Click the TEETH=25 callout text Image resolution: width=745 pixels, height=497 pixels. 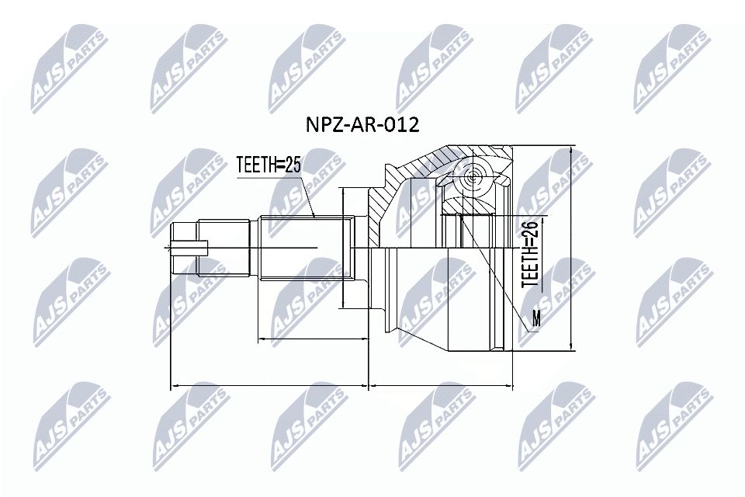(269, 164)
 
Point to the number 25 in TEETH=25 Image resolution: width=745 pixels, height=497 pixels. (292, 164)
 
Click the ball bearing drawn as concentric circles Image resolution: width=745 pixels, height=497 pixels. (471, 178)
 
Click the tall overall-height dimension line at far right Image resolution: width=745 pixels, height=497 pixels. (571, 248)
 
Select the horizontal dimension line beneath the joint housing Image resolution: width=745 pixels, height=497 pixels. (441, 384)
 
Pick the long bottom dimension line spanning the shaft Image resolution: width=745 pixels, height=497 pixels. (269, 384)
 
